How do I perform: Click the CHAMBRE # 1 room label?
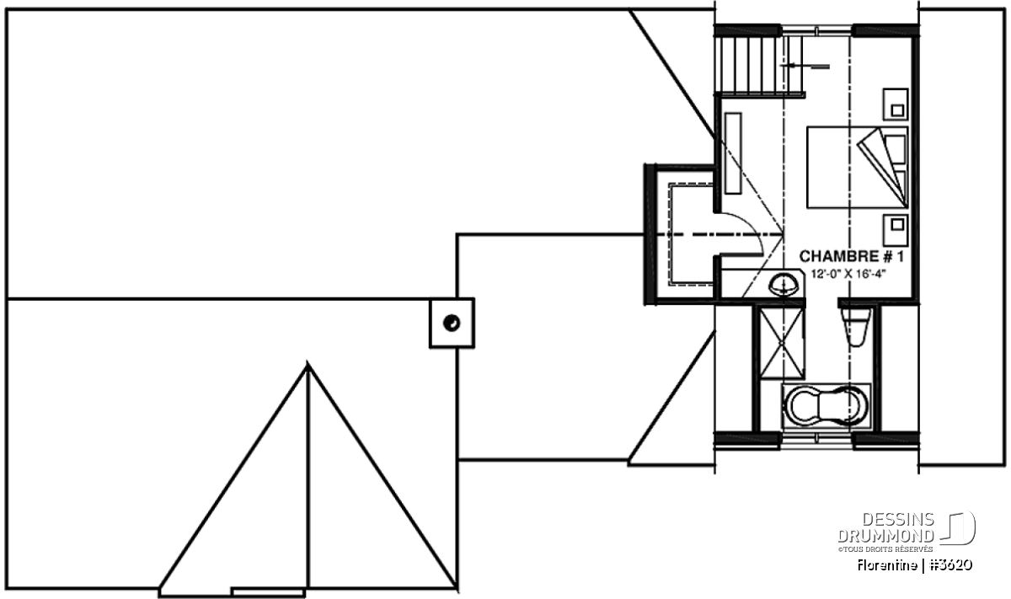[852, 256]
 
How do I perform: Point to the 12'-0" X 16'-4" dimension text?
[848, 274]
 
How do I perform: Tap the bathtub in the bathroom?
[826, 405]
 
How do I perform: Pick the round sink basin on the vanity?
[784, 285]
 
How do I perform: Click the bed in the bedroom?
[857, 168]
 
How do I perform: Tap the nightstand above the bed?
[896, 104]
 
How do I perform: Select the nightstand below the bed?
[896, 230]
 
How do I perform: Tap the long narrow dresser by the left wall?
[734, 153]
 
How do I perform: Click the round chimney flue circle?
[452, 324]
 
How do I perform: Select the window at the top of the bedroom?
[816, 30]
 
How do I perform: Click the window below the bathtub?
[816, 440]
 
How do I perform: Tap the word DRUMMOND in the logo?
[886, 536]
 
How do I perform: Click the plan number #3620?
[951, 565]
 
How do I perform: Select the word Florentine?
[887, 565]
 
